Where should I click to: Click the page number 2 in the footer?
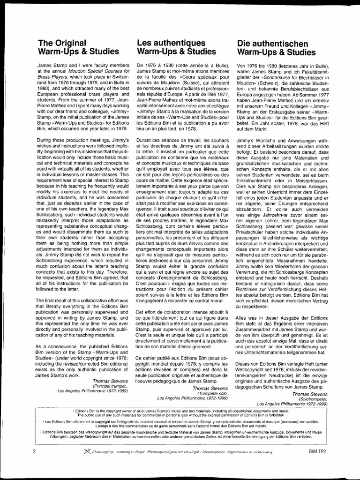35,451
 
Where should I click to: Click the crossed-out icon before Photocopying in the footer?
85,451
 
